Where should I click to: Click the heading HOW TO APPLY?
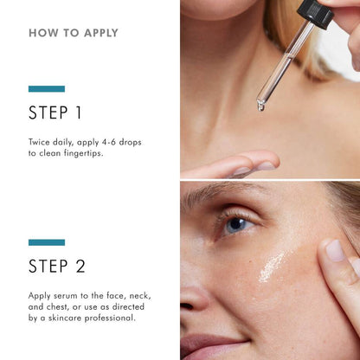(x=74, y=33)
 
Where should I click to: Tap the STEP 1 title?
(x=55, y=112)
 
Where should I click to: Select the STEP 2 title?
(x=57, y=266)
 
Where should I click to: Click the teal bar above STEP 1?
(x=47, y=89)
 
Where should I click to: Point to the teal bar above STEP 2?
(x=47, y=242)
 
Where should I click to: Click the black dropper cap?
(x=315, y=14)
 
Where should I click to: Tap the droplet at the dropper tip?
(x=260, y=107)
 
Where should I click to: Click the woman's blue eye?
(x=236, y=225)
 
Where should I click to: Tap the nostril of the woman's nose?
(x=187, y=306)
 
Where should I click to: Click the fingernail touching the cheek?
(x=335, y=250)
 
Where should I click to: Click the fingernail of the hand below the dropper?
(x=266, y=165)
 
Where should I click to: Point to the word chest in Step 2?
(x=57, y=307)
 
